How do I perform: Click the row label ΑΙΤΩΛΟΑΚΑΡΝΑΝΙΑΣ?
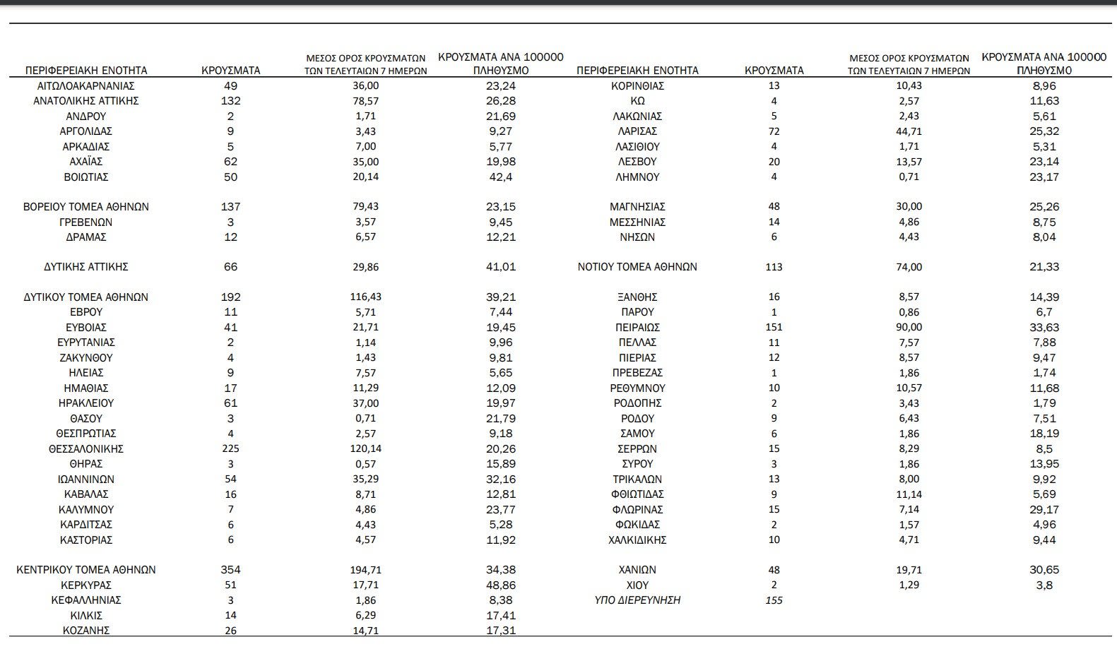(86, 85)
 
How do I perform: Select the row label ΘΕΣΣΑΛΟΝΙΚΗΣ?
(86, 448)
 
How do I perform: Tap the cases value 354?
(230, 570)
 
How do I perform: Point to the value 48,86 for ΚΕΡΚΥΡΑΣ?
(501, 585)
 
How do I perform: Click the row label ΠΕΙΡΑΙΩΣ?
(637, 328)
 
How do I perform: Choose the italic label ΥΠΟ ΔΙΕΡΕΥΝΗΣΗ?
(637, 600)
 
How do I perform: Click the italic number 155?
(774, 600)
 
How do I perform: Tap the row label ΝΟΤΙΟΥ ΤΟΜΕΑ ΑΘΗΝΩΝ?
(637, 267)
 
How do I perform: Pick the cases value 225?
(230, 448)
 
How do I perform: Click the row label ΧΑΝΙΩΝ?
(637, 570)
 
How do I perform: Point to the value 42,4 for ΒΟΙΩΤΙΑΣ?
(501, 177)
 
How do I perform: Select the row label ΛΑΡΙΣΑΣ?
(637, 131)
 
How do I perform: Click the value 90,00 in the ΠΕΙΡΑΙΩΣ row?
(909, 328)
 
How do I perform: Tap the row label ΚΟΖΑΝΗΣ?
(86, 631)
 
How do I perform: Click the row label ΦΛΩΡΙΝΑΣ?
(637, 509)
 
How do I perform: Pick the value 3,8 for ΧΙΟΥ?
(1044, 585)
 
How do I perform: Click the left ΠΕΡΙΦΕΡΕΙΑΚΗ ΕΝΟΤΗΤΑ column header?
(86, 71)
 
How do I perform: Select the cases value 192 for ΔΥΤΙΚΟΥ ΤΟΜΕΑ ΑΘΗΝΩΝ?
(230, 297)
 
